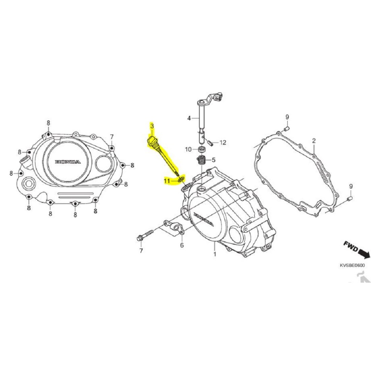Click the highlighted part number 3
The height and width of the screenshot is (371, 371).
pos(152,126)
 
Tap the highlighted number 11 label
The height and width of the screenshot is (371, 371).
pos(167,180)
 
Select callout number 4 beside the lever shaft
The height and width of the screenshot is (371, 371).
pos(189,118)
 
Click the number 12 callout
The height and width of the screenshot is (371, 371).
pos(222,142)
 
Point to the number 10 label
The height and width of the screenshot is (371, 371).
pos(188,149)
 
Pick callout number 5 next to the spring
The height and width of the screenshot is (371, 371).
pos(214,159)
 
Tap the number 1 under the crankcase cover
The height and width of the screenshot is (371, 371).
pos(214,254)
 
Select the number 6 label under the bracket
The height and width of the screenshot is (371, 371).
pos(182,245)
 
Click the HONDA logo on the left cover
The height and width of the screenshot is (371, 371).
pos(67,162)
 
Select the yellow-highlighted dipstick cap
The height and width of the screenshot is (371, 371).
pos(151,141)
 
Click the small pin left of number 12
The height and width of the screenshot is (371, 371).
pos(209,142)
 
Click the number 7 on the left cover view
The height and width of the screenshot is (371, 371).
pos(112,137)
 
